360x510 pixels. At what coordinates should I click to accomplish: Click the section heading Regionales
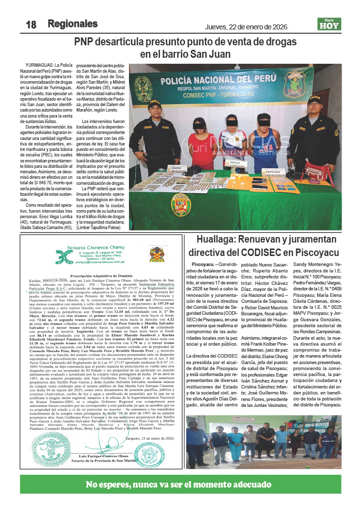(x=72, y=24)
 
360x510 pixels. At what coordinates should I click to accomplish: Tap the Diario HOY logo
(x=329, y=23)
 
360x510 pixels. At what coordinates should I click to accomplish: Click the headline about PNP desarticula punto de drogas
(x=185, y=48)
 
